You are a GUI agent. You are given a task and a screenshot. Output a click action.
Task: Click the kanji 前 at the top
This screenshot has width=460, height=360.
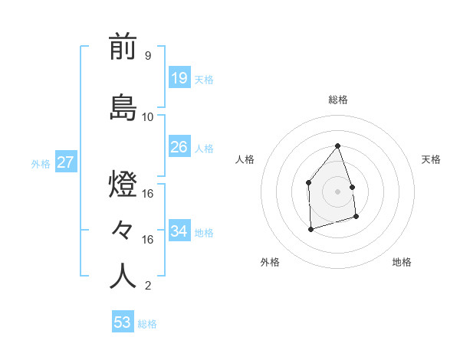click(123, 47)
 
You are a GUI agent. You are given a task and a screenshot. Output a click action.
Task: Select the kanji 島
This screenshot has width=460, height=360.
click(123, 108)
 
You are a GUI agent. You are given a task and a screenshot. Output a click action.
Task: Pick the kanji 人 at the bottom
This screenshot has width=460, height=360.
click(123, 277)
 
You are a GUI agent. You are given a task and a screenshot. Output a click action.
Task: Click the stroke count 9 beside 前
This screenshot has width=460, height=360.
click(147, 56)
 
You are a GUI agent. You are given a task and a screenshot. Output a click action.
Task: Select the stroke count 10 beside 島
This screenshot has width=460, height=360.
click(148, 116)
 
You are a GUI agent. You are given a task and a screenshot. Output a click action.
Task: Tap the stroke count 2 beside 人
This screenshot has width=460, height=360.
click(147, 286)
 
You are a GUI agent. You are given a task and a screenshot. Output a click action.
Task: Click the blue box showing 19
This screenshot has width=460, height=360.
click(179, 78)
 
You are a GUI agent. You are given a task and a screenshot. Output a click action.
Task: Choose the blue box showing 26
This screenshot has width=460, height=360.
click(179, 146)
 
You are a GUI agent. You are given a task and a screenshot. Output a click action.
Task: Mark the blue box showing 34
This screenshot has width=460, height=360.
click(179, 231)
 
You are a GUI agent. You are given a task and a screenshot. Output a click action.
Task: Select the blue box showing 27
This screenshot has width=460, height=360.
click(65, 162)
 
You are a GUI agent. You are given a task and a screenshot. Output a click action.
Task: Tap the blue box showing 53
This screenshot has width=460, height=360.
click(123, 322)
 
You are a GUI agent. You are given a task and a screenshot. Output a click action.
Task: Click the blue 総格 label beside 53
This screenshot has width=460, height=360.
click(147, 324)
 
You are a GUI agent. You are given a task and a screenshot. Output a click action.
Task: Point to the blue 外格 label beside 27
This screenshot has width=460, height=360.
click(41, 163)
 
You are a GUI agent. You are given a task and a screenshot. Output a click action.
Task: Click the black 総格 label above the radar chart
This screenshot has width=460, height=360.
click(338, 100)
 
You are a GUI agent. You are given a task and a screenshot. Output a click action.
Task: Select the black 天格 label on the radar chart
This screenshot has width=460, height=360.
click(432, 159)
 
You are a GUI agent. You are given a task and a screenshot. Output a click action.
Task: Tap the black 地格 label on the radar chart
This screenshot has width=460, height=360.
click(402, 263)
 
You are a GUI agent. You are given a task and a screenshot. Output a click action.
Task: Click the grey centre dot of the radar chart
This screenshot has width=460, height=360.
click(338, 191)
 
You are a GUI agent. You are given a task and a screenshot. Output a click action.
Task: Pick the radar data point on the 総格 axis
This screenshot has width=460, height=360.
click(338, 146)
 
